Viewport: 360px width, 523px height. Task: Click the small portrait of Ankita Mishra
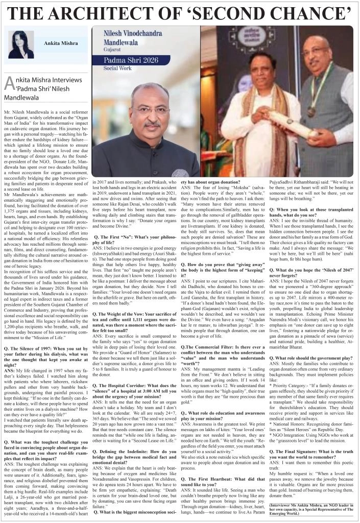click(x=21, y=44)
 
